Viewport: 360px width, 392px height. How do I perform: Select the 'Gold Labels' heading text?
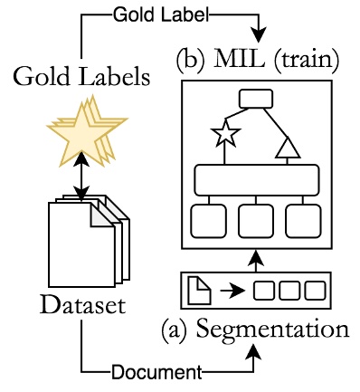coord(81,77)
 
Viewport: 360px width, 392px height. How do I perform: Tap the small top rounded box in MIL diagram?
coord(256,99)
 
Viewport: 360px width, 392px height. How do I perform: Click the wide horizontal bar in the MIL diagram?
coord(256,179)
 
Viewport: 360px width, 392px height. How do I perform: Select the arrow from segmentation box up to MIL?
coord(256,263)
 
